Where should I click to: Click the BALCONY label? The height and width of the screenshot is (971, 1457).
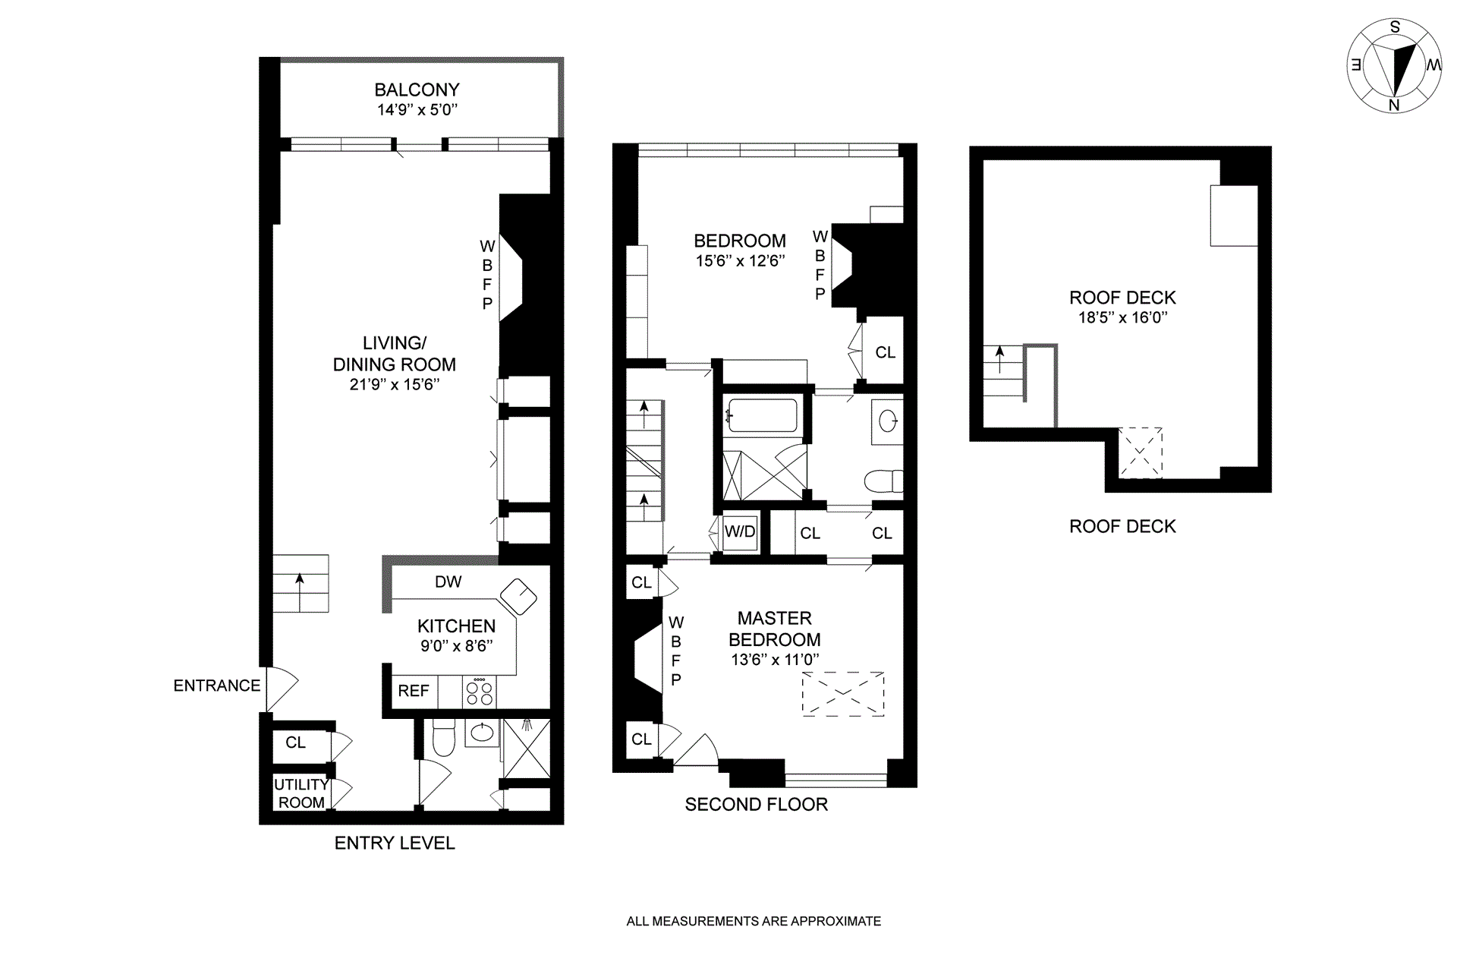click(417, 90)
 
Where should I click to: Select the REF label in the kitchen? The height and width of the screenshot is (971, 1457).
click(414, 691)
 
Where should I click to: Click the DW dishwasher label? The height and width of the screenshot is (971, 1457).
click(448, 582)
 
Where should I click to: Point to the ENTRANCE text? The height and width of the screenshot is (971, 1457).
click(217, 686)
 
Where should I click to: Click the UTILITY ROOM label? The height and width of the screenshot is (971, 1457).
click(301, 793)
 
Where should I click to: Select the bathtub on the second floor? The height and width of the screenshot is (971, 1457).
click(762, 415)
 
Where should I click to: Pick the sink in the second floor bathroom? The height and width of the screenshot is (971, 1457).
click(888, 420)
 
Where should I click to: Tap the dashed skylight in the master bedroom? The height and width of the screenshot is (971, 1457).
click(843, 693)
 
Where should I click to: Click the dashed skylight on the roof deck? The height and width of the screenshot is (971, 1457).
click(1141, 453)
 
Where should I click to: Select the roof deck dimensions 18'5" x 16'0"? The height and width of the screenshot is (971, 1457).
click(1123, 317)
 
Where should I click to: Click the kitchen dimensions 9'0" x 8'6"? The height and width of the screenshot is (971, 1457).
click(457, 646)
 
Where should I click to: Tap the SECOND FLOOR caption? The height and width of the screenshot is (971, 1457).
click(757, 805)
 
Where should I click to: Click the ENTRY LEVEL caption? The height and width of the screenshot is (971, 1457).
click(395, 843)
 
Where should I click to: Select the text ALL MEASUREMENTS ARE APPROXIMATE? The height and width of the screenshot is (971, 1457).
click(754, 922)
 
